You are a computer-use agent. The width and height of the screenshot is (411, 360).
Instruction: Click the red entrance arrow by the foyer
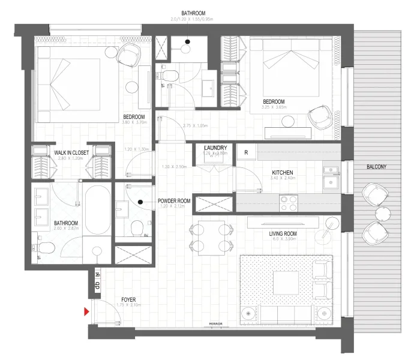pos(87,311)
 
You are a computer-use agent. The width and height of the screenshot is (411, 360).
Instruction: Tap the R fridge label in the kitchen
pos(246,152)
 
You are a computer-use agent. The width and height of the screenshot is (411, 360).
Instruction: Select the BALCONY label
pos(377,166)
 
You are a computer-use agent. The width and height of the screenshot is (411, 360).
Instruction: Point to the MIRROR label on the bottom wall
pos(216,325)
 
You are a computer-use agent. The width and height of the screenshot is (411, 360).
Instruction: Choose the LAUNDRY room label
pos(214,148)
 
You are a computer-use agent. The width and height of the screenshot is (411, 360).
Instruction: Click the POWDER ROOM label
pos(174,201)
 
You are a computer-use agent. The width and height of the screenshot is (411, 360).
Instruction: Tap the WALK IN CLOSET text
pos(71,153)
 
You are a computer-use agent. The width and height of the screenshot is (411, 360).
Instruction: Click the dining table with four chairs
pos(210,236)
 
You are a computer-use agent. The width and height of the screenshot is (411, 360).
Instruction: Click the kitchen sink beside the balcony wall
pos(330,175)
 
